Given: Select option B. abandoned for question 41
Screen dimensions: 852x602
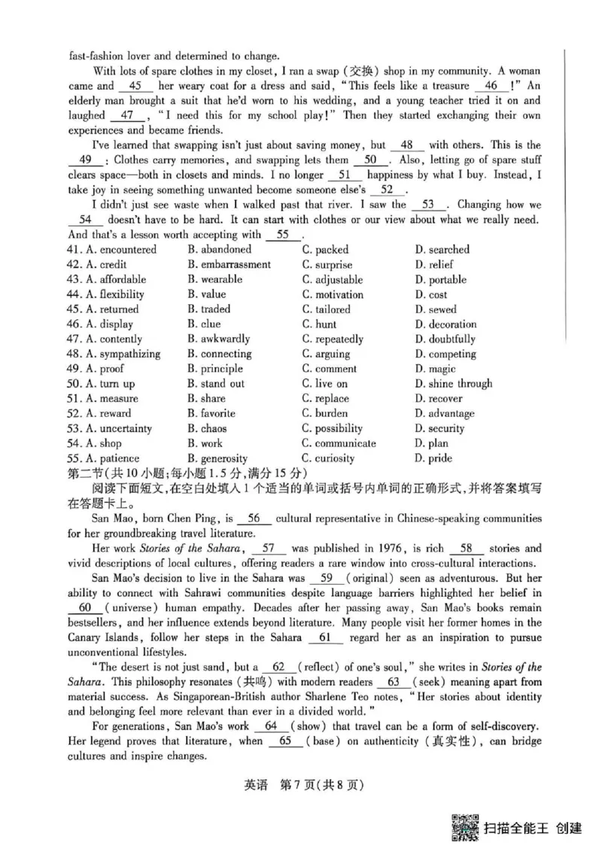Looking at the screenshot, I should tap(219, 250).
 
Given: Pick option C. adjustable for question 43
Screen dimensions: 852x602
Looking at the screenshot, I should tap(333, 280).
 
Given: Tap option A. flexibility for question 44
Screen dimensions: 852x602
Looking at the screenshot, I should tap(111, 295).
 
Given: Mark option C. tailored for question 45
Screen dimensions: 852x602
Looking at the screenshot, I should tap(327, 309).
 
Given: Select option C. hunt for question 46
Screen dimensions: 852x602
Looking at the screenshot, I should tap(320, 324).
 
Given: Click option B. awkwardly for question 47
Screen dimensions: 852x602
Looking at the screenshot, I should tap(219, 339).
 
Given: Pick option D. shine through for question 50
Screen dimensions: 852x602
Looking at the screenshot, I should tap(453, 384).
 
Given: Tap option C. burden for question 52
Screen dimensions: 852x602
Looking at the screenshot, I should tap(325, 413).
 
